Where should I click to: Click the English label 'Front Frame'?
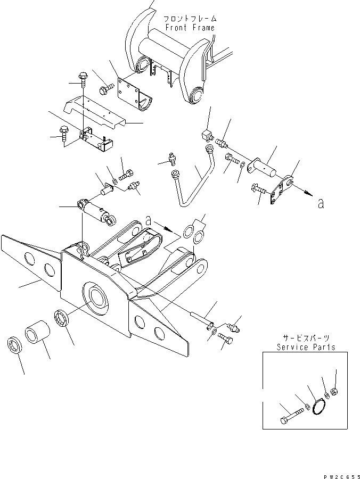(190, 28)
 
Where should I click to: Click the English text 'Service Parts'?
(306, 347)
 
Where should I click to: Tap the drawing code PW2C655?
(342, 476)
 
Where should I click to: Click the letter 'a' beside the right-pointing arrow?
(321, 203)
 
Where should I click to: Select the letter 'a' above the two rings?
(149, 220)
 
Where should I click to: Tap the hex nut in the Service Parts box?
(334, 391)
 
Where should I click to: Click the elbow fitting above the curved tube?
(207, 135)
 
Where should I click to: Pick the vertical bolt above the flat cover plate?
(83, 80)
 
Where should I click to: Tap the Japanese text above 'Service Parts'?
(306, 338)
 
